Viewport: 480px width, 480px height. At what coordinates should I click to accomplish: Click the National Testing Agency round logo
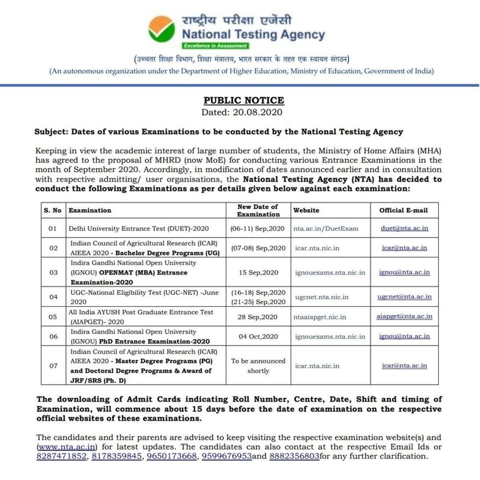click(162, 29)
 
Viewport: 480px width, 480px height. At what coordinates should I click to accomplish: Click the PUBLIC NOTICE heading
click(244, 100)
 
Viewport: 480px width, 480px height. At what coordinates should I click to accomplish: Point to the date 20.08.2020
click(257, 112)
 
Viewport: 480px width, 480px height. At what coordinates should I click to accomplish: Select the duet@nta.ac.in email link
click(404, 228)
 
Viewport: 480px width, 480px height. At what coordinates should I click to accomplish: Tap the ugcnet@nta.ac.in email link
click(404, 297)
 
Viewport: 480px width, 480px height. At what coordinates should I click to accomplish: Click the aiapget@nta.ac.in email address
click(404, 316)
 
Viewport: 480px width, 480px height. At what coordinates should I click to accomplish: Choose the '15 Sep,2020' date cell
click(258, 273)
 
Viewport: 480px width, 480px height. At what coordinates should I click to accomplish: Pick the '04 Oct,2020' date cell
click(258, 336)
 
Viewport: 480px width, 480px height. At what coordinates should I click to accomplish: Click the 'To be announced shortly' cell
click(258, 366)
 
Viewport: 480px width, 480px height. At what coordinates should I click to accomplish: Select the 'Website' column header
click(306, 210)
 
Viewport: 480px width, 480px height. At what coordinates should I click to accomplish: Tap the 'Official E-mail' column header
click(403, 210)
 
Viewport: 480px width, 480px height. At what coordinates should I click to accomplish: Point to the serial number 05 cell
click(53, 317)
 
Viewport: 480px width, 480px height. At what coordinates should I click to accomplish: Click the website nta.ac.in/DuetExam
click(326, 229)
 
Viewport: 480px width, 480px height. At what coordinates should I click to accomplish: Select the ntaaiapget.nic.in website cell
click(320, 317)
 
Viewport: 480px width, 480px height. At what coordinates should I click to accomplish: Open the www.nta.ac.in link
click(67, 447)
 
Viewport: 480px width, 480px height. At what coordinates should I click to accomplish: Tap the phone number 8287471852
click(61, 456)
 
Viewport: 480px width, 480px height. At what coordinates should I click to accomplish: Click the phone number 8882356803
click(294, 456)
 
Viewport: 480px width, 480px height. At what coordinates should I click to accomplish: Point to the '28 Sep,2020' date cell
click(258, 317)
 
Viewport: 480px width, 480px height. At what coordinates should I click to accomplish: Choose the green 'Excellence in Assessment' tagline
click(215, 46)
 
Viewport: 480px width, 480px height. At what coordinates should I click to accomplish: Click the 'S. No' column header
click(52, 210)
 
